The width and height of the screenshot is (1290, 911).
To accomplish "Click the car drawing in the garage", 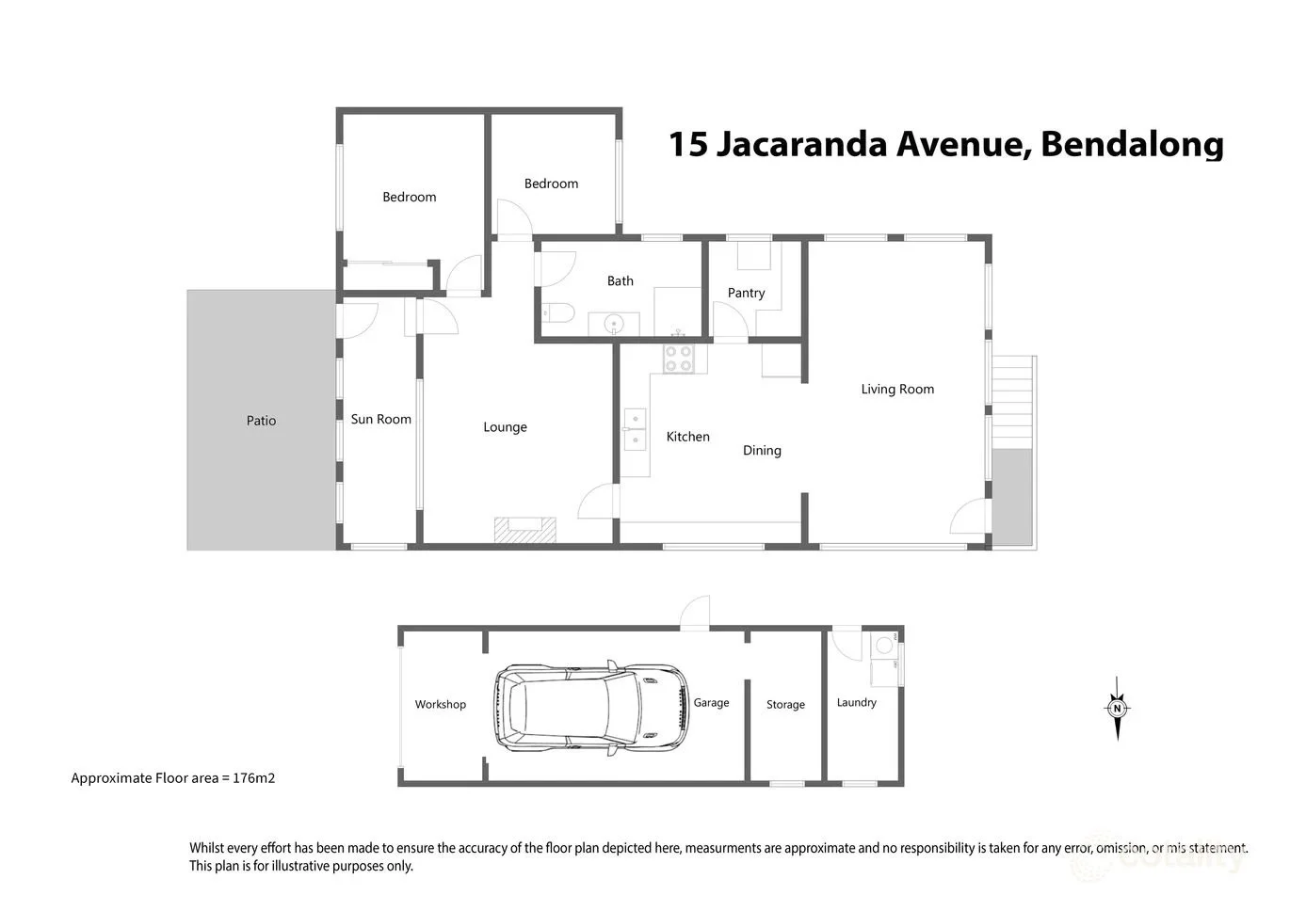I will (590, 708).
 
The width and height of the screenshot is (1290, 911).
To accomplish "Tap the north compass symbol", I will (1117, 709).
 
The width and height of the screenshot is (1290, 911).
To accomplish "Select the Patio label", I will (261, 421).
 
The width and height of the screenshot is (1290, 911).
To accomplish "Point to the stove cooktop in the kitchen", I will (679, 359).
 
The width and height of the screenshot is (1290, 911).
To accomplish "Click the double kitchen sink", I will (635, 429).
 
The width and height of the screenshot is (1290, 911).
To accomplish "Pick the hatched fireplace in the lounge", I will (525, 530).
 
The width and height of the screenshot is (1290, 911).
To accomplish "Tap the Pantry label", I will (746, 293).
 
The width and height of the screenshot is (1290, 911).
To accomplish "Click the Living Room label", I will (897, 389).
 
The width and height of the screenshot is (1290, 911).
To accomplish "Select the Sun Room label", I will (380, 419).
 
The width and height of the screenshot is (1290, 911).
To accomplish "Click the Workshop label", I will (440, 704).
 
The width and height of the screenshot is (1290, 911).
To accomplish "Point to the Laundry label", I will (856, 702).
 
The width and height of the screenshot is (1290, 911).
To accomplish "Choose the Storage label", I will (785, 704).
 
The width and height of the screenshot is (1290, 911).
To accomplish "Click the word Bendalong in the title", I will (1132, 144).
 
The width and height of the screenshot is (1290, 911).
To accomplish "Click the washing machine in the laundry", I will (884, 646).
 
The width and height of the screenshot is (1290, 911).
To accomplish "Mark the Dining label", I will (762, 450).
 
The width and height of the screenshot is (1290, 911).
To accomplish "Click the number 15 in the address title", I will (687, 144).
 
